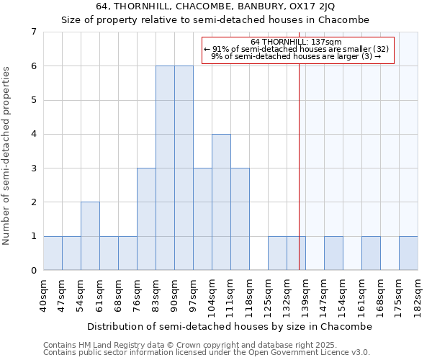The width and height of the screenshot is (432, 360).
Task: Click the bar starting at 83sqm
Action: point(165,168)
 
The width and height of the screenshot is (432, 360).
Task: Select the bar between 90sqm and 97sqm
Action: point(184,168)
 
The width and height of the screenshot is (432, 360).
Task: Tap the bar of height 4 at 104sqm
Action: point(221,202)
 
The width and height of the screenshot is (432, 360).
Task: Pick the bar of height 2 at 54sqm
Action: point(90,236)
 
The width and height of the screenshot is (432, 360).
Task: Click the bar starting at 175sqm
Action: point(408,253)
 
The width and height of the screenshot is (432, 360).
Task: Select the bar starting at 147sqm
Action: point(333,253)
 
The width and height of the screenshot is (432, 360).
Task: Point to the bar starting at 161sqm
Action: point(371,253)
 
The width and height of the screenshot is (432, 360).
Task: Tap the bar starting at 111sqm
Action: point(240,219)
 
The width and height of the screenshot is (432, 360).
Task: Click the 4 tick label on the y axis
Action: point(33,134)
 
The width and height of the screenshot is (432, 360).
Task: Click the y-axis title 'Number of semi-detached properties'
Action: point(7,156)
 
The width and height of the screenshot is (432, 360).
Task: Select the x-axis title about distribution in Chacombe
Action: point(230,326)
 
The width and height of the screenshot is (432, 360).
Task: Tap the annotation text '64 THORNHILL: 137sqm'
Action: point(297,42)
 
